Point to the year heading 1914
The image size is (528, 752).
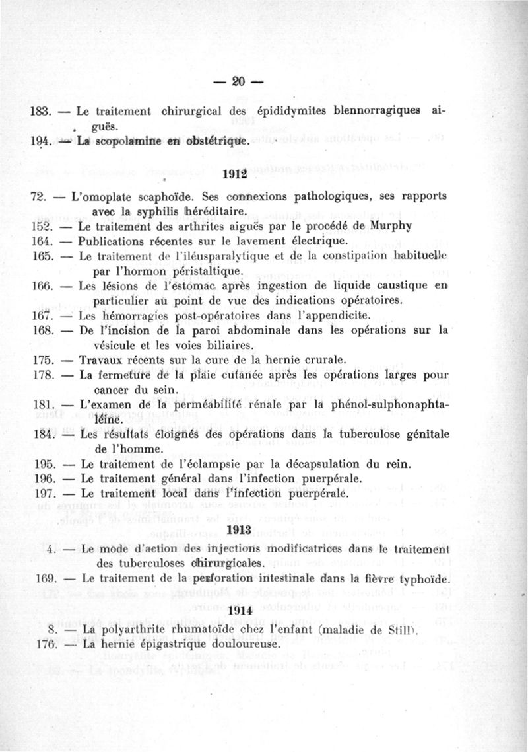(x=237, y=611)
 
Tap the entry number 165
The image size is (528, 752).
(x=42, y=256)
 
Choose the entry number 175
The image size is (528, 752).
(x=42, y=360)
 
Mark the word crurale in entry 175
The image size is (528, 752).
(x=323, y=360)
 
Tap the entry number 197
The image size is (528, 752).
(x=42, y=494)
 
